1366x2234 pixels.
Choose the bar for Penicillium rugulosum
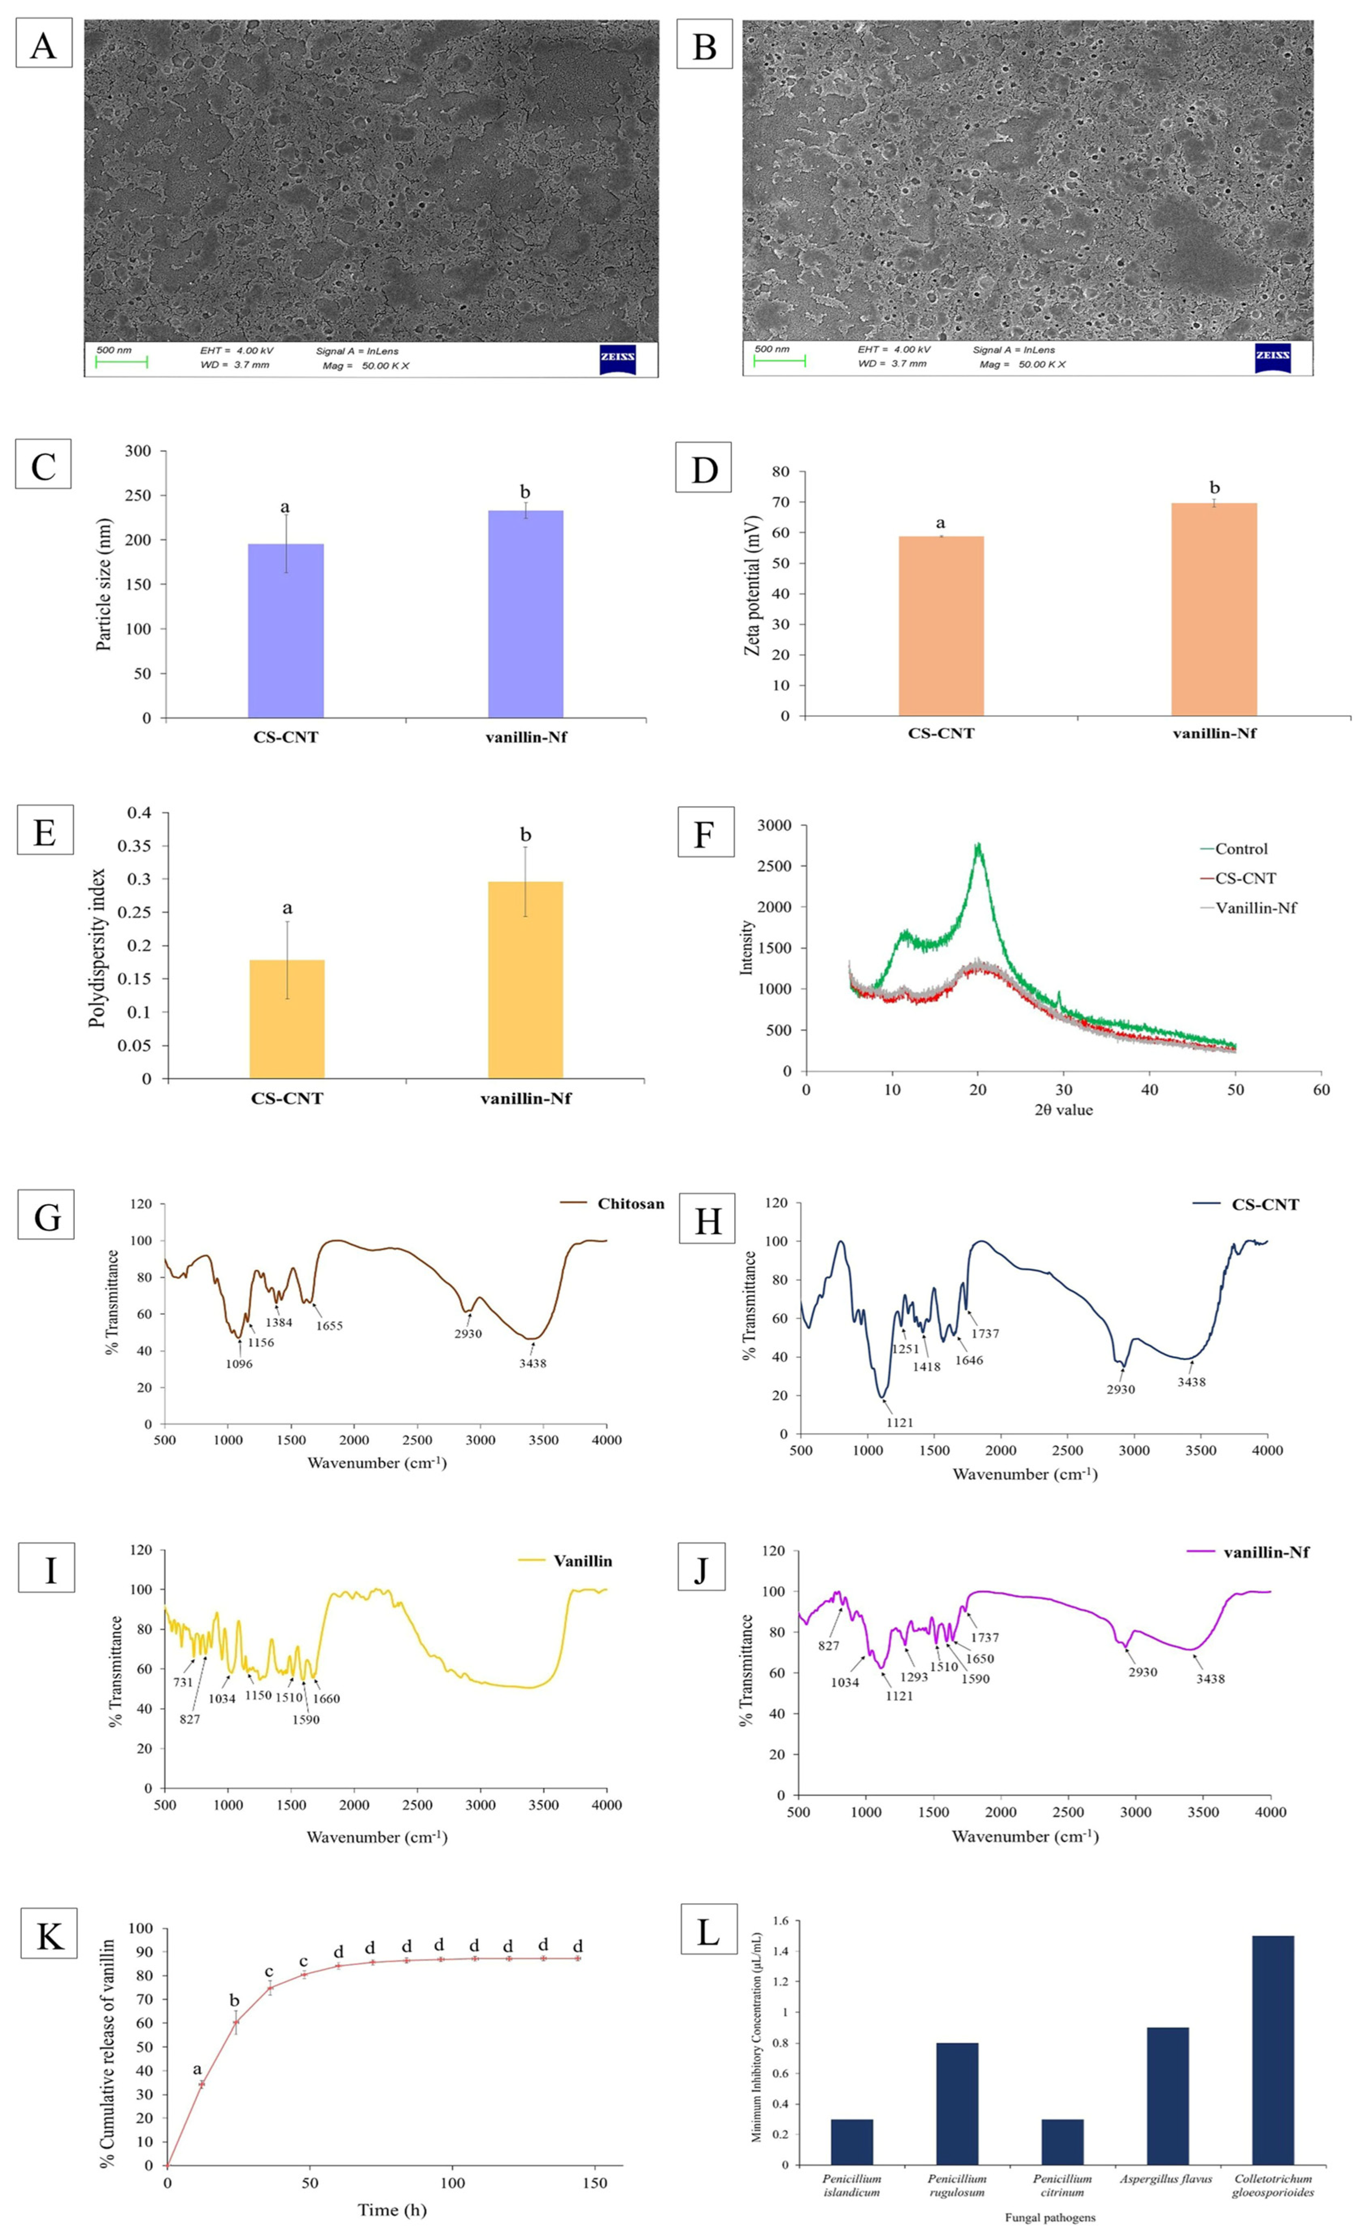point(957,2104)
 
